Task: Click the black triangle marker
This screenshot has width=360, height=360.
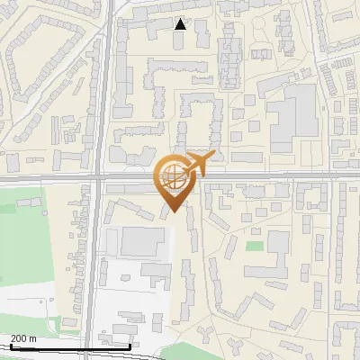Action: pyautogui.click(x=180, y=24)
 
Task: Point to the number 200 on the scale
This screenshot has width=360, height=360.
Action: pyautogui.click(x=20, y=338)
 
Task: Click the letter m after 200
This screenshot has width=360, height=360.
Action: pyautogui.click(x=32, y=338)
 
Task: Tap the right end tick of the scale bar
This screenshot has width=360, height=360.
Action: pyautogui.click(x=130, y=344)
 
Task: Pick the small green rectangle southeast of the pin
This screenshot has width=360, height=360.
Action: pyautogui.click(x=255, y=245)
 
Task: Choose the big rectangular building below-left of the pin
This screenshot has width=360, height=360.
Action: pyautogui.click(x=142, y=241)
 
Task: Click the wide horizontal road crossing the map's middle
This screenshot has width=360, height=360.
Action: pyautogui.click(x=270, y=175)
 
